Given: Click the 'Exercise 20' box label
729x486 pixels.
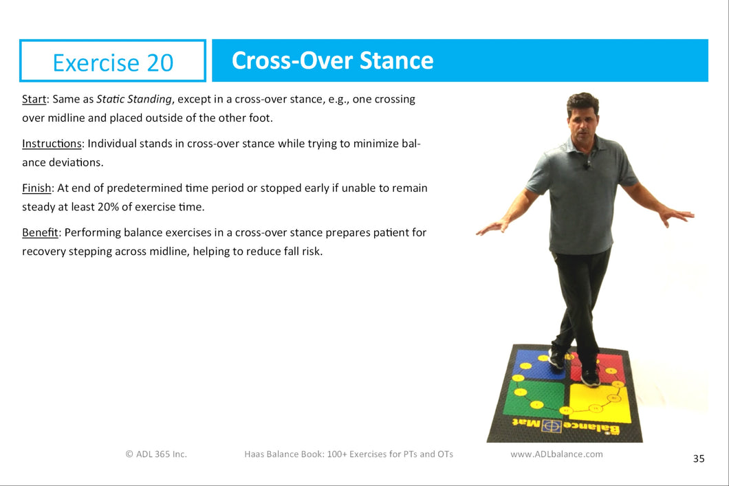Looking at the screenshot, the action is pyautogui.click(x=113, y=63).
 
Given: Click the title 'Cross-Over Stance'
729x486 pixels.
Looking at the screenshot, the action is pyautogui.click(x=332, y=60).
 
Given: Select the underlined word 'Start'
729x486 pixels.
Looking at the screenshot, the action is pyautogui.click(x=34, y=99).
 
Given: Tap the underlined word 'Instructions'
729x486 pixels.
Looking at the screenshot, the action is pyautogui.click(x=52, y=144).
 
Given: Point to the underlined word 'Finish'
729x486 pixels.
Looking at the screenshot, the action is pyautogui.click(x=36, y=188).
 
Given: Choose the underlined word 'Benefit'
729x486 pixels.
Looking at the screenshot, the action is pyautogui.click(x=40, y=232).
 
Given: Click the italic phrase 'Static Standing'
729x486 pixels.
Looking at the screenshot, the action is pyautogui.click(x=134, y=100).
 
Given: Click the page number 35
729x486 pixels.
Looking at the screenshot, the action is pyautogui.click(x=698, y=459).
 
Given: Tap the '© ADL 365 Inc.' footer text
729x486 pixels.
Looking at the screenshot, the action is pyautogui.click(x=156, y=454).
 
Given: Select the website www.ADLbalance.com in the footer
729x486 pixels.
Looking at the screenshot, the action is pyautogui.click(x=556, y=454).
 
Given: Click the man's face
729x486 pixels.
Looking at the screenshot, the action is pyautogui.click(x=583, y=122).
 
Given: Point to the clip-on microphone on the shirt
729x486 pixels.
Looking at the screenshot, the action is pyautogui.click(x=587, y=165).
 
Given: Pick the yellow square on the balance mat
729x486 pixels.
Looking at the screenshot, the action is pyautogui.click(x=600, y=402).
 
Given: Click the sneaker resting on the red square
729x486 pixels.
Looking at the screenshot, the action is pyautogui.click(x=590, y=377).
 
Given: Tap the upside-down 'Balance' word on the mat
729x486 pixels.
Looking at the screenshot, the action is pyautogui.click(x=591, y=428).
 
